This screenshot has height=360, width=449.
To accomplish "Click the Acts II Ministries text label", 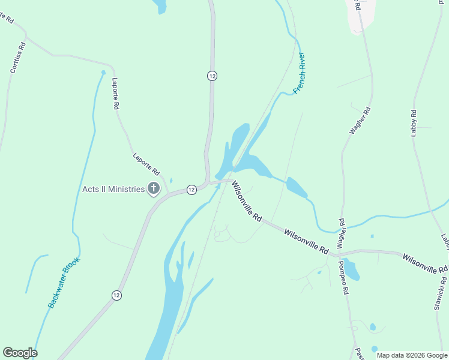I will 113,190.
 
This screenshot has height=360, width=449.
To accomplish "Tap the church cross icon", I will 153,189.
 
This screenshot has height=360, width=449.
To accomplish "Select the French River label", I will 300,74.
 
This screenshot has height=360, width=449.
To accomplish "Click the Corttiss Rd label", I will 18,58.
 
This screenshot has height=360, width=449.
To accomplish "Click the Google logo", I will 20,353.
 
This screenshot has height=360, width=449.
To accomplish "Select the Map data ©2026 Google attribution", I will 412,355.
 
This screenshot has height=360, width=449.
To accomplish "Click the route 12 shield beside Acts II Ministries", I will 191,190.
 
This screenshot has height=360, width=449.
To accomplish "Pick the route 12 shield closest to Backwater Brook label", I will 116,295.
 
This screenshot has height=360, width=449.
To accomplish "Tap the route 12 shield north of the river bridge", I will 212,76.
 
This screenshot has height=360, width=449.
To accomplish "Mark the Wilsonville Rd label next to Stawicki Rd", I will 425,263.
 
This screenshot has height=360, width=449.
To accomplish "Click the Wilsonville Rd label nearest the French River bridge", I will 247,202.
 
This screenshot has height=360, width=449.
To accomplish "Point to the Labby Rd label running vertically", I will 414,122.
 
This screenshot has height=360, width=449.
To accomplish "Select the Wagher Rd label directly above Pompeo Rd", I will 341,233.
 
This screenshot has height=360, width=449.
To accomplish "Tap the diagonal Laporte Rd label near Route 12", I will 146,163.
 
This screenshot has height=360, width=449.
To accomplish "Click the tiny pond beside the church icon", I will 171,181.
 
